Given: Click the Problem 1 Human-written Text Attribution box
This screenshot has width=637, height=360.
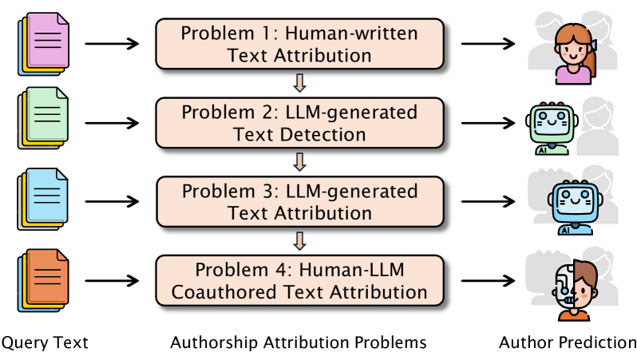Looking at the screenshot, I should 299,45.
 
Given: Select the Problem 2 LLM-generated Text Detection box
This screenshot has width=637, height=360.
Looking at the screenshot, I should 299,123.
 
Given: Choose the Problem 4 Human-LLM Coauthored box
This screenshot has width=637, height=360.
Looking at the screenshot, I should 299,280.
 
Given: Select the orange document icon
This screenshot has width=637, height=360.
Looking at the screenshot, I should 45,279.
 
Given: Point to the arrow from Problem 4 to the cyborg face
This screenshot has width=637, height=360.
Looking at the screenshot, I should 489,281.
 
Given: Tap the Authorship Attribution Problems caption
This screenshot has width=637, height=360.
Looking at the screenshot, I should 299,343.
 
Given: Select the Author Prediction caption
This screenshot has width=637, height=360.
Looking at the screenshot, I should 568,343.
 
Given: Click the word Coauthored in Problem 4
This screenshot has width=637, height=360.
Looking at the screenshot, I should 235,292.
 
